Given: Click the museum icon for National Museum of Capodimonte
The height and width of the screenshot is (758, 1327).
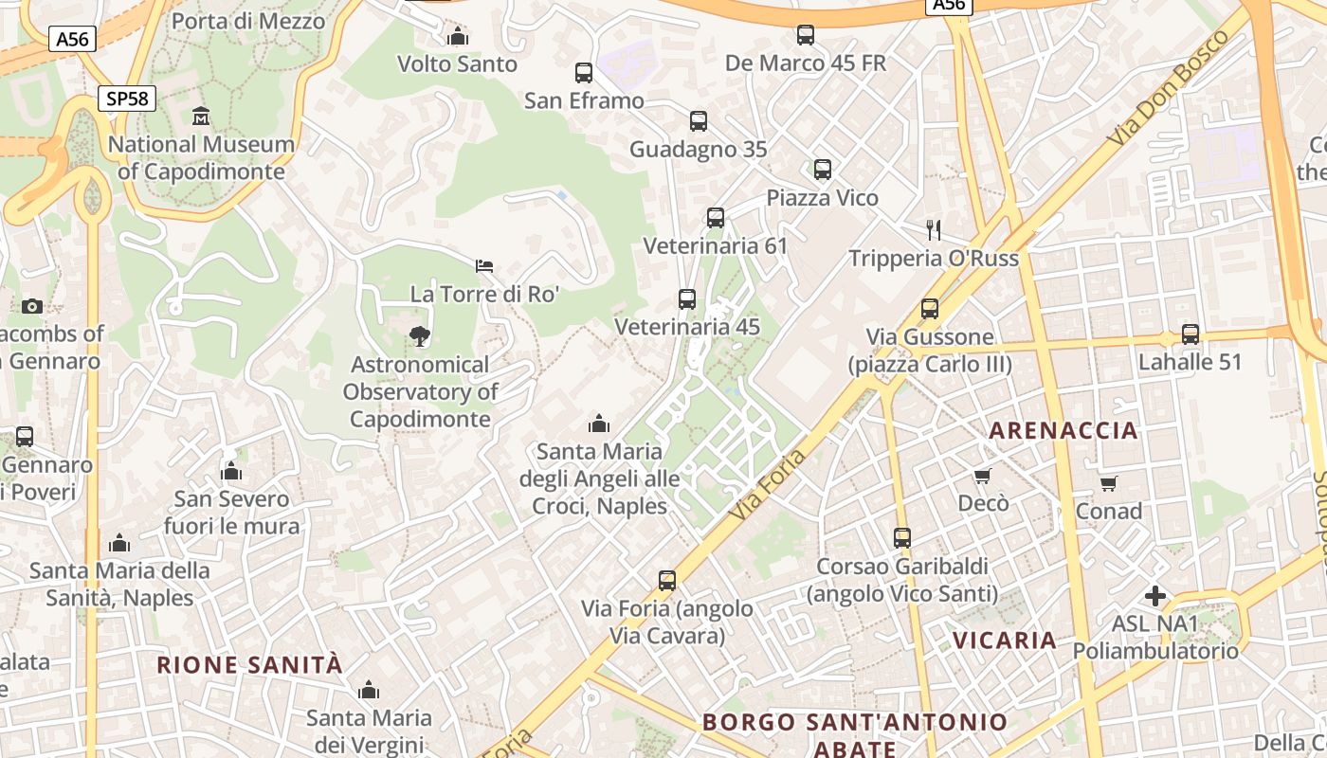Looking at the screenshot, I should pos(201,117).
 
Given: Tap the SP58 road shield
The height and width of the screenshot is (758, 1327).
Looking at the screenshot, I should pos(126,99).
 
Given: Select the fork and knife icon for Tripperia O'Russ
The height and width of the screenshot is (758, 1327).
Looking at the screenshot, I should pos(934,229).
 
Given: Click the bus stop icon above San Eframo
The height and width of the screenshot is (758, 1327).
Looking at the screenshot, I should pos(584,73).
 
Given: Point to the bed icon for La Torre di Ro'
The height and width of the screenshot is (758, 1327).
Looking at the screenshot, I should pos(484,265).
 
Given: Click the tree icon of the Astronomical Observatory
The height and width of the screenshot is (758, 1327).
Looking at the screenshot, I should pos(419,335).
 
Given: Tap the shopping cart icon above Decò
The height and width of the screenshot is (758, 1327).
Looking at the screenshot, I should pos(983,475).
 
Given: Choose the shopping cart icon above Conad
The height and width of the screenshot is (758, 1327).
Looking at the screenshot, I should pos(1108,483).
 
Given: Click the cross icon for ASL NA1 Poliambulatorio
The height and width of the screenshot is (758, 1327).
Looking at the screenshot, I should pos(1154,596).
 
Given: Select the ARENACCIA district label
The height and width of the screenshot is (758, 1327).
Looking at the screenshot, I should pos(1063,431).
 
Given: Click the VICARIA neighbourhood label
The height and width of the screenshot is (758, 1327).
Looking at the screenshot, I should pos(1005,641).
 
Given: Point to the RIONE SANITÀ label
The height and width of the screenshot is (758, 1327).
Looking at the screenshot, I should pos(249,665).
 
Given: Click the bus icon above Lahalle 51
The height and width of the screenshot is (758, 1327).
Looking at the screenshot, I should pos(1191,334).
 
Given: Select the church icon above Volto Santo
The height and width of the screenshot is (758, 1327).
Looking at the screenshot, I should pos(458,37).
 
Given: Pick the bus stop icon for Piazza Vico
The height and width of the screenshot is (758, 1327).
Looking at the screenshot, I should pos(823,170).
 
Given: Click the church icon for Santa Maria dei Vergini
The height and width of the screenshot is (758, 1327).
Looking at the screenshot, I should pos(369,690).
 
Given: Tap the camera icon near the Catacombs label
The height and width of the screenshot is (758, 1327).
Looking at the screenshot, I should pos(32,306).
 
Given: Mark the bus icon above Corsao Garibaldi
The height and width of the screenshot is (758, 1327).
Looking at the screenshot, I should pos(902,537).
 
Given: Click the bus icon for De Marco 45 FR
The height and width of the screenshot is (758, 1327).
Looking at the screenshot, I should pos(806,35).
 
